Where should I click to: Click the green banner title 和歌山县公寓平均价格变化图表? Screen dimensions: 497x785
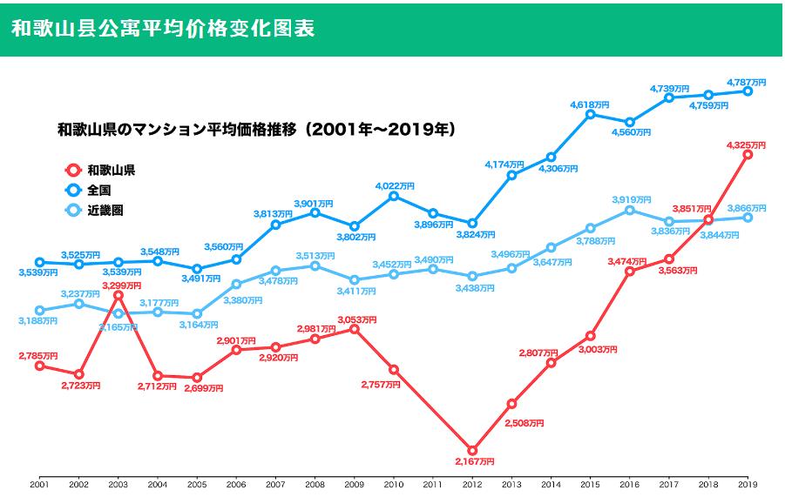tap(163, 28)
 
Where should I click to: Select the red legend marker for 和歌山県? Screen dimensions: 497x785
tap(72, 170)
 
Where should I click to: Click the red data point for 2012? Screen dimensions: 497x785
tap(472, 450)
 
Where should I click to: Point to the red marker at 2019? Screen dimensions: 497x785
tap(748, 154)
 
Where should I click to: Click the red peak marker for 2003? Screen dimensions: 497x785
tap(118, 296)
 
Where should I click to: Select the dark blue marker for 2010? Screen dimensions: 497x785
tap(394, 196)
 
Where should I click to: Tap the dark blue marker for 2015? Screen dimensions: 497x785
tap(590, 114)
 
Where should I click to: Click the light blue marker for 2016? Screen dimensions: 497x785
tap(629, 210)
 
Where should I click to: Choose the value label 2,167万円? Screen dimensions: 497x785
tap(473, 461)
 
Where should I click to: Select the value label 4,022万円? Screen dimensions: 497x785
tap(395, 185)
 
